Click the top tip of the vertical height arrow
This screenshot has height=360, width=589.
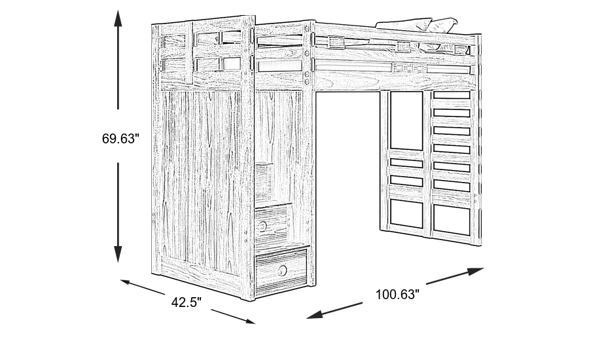pyautogui.click(x=118, y=10)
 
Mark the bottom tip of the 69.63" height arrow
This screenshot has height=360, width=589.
pyautogui.click(x=118, y=262)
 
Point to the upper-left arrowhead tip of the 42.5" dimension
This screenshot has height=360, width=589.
pyautogui.click(x=120, y=280)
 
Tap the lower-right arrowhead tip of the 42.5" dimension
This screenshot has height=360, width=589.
pyautogui.click(x=255, y=323)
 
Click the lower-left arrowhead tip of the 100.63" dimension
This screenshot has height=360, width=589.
pyautogui.click(x=306, y=318)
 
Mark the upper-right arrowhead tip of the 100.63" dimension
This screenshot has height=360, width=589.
pyautogui.click(x=484, y=268)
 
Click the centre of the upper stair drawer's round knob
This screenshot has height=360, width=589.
pyautogui.click(x=262, y=226)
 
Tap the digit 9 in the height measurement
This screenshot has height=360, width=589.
pyautogui.click(x=113, y=139)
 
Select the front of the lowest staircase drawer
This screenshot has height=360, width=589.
pyautogui.click(x=281, y=270)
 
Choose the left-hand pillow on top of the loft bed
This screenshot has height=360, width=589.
pyautogui.click(x=404, y=24)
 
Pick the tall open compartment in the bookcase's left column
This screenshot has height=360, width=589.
pyautogui.click(x=406, y=120)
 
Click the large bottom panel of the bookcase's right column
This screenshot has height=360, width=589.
pyautogui.click(x=452, y=219)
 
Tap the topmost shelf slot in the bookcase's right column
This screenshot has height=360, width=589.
pyautogui.click(x=452, y=95)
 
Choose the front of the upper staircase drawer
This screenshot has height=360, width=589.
pyautogui.click(x=273, y=223)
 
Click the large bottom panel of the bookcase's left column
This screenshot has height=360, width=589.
pyautogui.click(x=406, y=213)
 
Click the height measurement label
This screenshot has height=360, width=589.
pyautogui.click(x=120, y=139)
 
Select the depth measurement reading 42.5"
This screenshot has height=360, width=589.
pyautogui.click(x=187, y=302)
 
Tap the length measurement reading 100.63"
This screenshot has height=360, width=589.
pyautogui.click(x=397, y=295)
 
